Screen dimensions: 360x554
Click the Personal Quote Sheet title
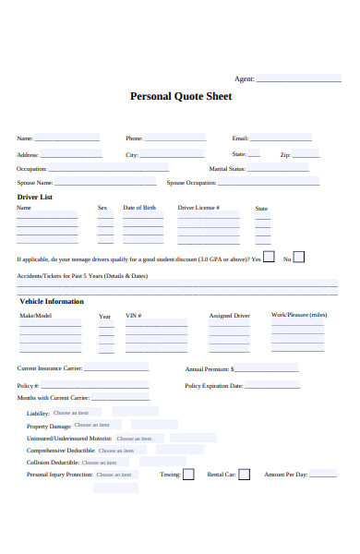[x=181, y=96]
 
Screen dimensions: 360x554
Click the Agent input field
[x=297, y=78]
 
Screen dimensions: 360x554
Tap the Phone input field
[x=174, y=138]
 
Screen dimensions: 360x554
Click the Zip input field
[x=306, y=154]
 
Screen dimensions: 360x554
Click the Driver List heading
[x=35, y=197]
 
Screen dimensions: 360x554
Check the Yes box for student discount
[x=269, y=258]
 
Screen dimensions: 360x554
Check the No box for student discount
[x=298, y=258]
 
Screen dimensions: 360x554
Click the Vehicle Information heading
[x=52, y=301]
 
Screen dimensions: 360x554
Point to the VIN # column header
[x=133, y=316]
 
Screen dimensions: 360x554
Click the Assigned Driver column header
[x=229, y=316]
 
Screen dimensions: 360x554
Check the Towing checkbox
[x=188, y=475]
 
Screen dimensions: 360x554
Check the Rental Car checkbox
[x=245, y=475]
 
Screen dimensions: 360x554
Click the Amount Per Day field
[x=323, y=475]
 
